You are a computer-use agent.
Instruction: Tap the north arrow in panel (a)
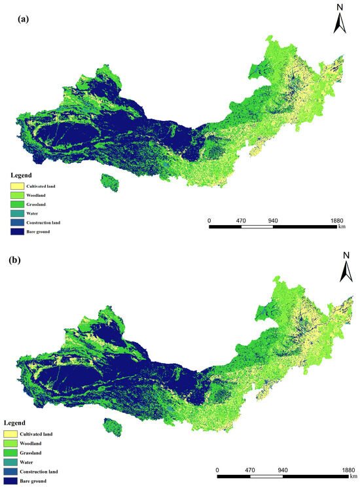[340, 20]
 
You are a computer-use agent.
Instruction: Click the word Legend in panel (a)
[22, 175]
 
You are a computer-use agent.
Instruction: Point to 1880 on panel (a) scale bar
[338, 220]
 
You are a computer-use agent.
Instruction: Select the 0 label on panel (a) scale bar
[209, 220]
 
